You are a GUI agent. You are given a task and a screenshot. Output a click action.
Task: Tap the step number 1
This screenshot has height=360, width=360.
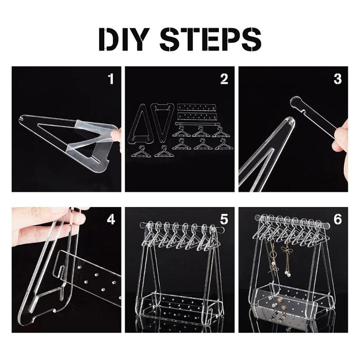coord(111,79)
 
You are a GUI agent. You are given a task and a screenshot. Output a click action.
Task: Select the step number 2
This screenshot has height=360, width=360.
coord(224,79)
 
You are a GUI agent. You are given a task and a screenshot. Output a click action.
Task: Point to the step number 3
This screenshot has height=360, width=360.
coord(337,79)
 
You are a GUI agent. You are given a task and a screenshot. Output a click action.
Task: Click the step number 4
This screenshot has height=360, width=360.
coord(111,220)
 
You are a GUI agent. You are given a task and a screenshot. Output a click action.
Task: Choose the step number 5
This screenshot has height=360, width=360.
coord(224,220)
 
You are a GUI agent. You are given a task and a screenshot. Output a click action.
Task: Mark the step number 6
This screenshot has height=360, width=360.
coord(337,220)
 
